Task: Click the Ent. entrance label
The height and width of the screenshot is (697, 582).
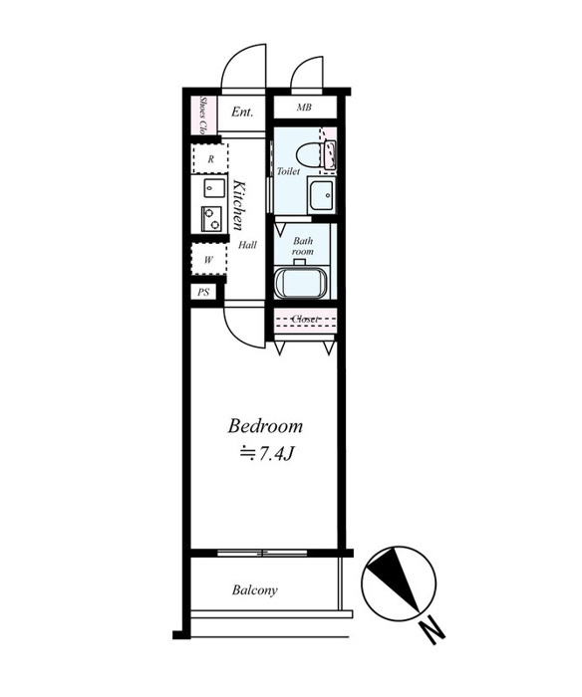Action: coord(242,112)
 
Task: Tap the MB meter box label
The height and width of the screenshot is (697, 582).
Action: coord(304,108)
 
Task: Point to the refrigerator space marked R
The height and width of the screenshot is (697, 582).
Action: coord(210,158)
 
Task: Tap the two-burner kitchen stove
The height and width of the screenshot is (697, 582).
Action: coord(212,219)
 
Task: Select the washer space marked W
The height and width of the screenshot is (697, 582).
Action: coord(208,260)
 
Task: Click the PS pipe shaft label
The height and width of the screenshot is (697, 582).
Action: coord(203,293)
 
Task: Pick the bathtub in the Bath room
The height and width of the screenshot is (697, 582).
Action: coord(301,283)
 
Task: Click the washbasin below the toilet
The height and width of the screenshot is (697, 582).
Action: coord(321,195)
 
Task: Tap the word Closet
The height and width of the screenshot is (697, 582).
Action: coord(305,319)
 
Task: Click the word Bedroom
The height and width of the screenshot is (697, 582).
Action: coord(266,426)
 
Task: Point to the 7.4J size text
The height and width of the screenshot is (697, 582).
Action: coord(274,454)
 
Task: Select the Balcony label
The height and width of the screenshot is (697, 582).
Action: coord(254,589)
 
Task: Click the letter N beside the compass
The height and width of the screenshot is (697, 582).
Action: coord(432,630)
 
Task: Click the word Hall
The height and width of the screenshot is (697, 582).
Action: coord(247,245)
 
